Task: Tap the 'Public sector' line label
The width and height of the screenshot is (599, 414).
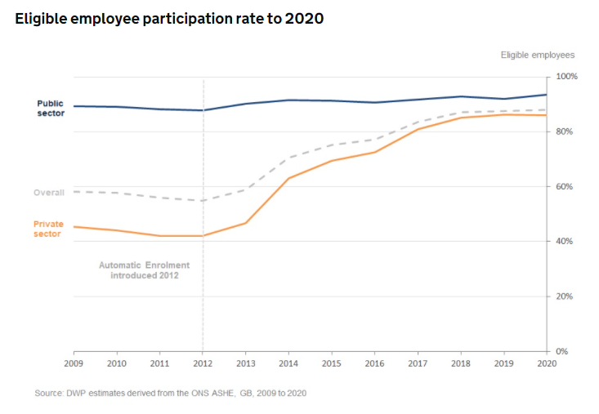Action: (x=50, y=108)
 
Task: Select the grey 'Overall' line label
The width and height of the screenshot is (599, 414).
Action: (x=49, y=193)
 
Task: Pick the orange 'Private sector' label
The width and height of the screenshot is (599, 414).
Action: (x=48, y=229)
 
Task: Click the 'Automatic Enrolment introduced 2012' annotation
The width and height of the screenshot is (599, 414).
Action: (x=144, y=270)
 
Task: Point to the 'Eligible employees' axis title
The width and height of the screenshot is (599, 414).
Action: (x=537, y=55)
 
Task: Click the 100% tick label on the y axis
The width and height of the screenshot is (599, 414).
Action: (x=566, y=77)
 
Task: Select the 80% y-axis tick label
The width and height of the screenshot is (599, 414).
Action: (x=566, y=131)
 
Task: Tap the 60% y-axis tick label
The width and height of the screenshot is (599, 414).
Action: (x=566, y=187)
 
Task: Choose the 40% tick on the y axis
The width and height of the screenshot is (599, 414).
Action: (x=566, y=242)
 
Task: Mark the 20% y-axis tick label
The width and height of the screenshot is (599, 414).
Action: (x=566, y=296)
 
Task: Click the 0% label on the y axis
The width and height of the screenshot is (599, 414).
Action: (x=563, y=352)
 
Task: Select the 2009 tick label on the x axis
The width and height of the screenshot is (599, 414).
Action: (x=74, y=363)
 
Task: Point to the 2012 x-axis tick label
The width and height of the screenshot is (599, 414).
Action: (x=203, y=363)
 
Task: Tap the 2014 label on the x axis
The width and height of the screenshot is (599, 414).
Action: (x=288, y=363)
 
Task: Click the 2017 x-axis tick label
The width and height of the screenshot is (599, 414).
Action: (x=418, y=363)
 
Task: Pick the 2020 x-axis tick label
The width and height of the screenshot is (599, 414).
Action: (x=546, y=363)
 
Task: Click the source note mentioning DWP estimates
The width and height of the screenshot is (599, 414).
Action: (x=170, y=393)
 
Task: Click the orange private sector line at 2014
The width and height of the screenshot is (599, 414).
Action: (x=288, y=178)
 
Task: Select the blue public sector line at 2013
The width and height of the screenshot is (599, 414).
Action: (x=246, y=104)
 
